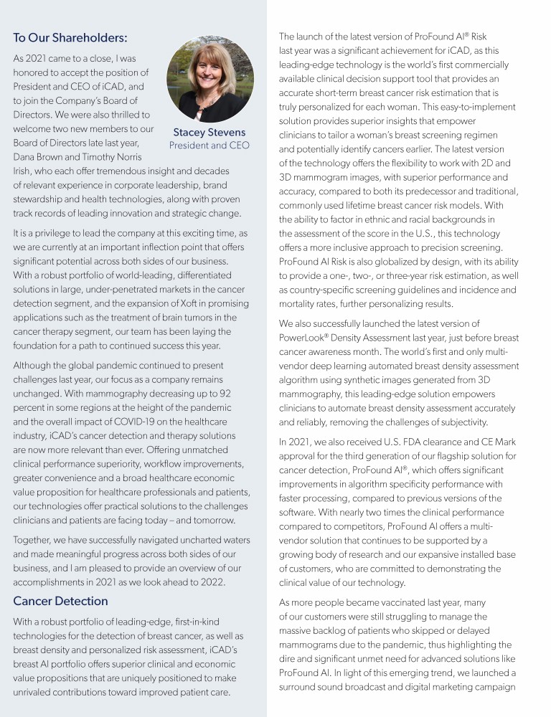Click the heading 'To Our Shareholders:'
click(70, 37)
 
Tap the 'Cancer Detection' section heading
click(60, 601)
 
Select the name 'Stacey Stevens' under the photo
click(209, 132)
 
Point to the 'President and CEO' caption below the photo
click(209, 146)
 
